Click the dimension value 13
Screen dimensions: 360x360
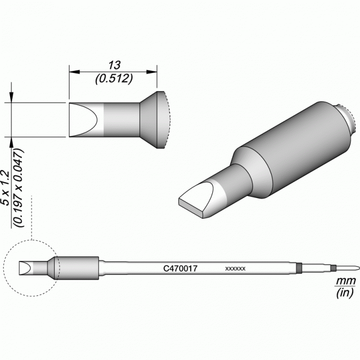pos(114,66)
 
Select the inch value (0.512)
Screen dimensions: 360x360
pos(114,79)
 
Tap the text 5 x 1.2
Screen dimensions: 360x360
pos(5,188)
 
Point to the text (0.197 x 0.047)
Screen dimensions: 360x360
pos(19,188)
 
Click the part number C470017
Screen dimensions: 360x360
pos(180,268)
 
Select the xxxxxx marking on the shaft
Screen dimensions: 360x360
pos(236,268)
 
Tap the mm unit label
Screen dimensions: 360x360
pos(346,281)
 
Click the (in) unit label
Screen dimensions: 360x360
pos(345,293)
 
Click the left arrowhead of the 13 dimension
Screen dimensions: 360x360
pos(75,72)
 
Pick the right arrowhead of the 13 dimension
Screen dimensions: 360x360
pos(151,72)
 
